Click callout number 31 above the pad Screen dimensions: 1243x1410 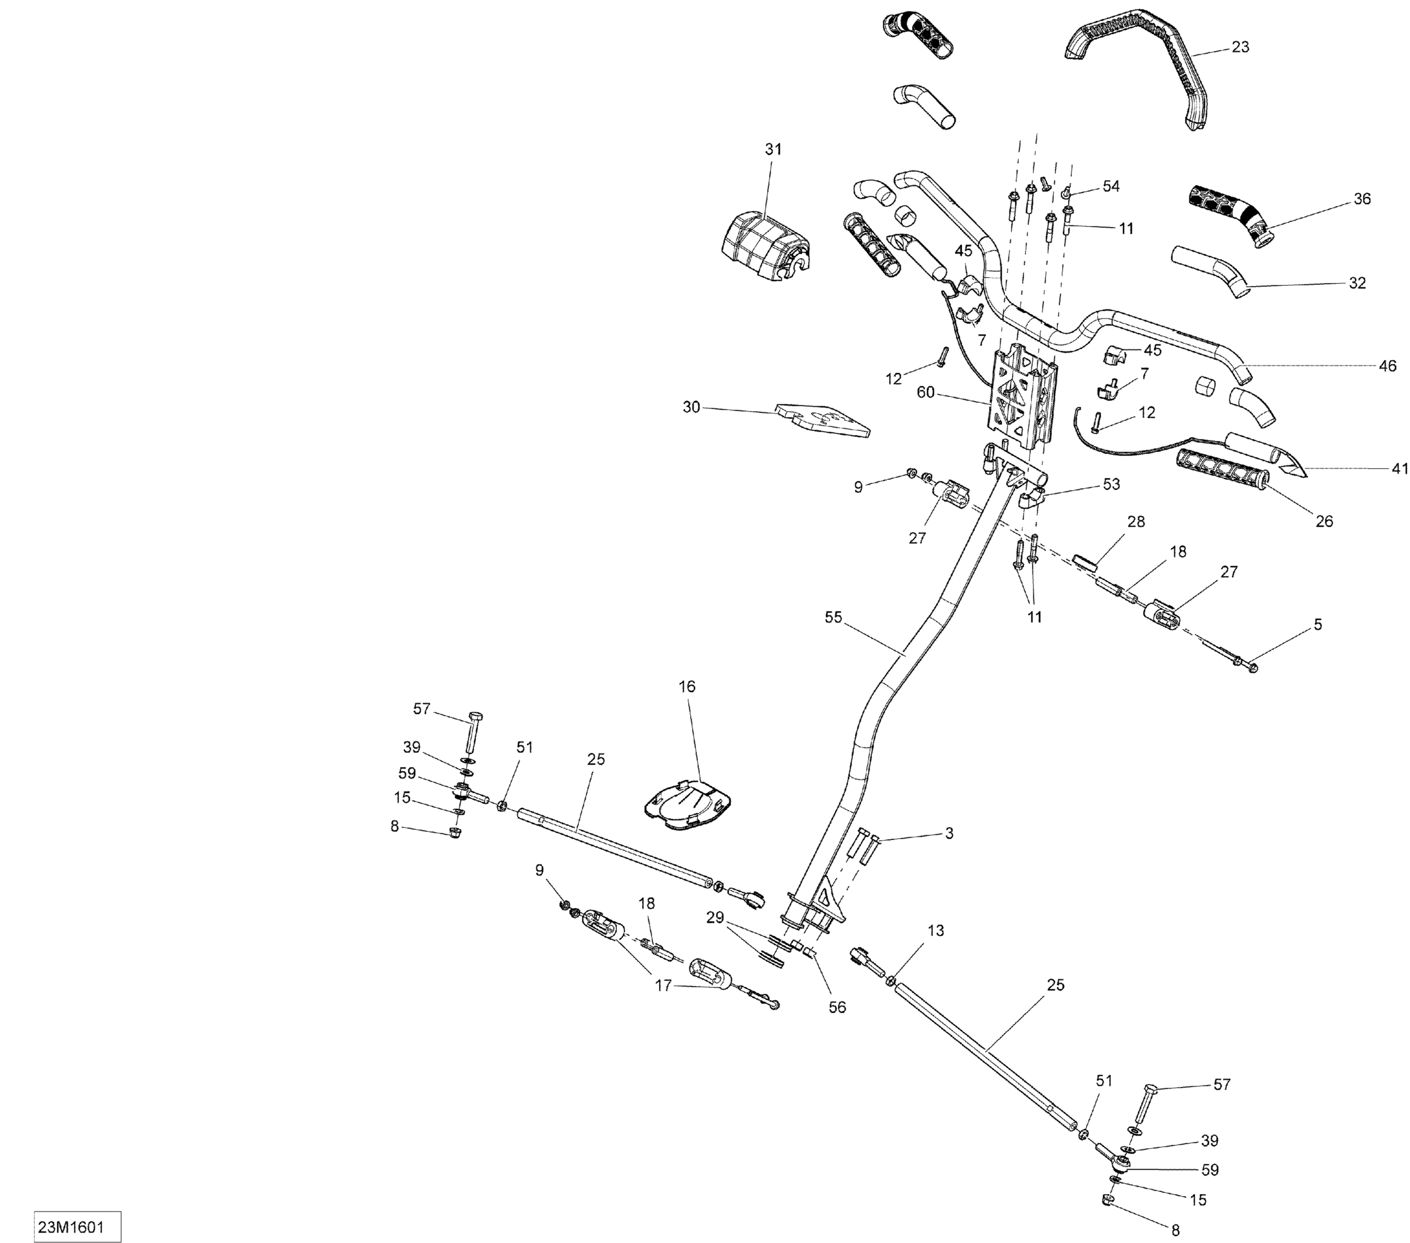coord(773,149)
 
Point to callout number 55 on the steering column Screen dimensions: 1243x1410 coord(833,617)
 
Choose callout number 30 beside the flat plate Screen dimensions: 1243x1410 coord(691,407)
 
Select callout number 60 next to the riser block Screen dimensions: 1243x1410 coord(925,392)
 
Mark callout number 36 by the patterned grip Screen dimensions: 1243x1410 coord(1362,199)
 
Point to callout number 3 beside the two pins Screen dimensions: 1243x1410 coord(948,833)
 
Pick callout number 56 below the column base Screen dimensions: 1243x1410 coord(837,1007)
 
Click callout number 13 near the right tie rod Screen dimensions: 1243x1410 coord(935,930)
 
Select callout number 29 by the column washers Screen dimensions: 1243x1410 coord(715,917)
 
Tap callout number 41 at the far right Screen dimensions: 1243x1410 coord(1399,469)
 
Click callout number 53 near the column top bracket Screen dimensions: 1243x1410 coord(1111,484)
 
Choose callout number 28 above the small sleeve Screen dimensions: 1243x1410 coord(1136,522)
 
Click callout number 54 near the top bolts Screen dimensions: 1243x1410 coord(1111,186)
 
